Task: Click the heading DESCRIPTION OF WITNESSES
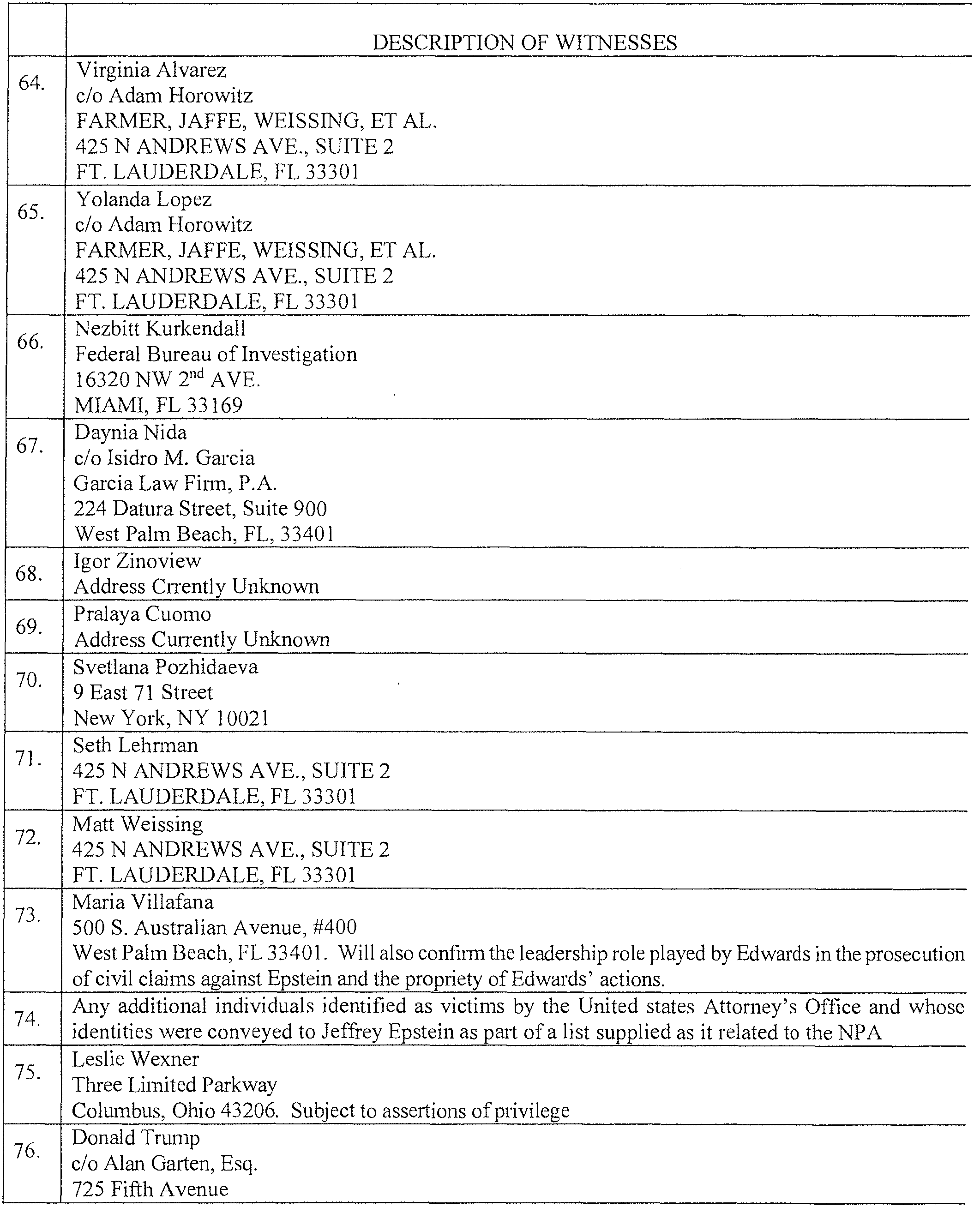click(x=524, y=42)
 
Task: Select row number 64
click(x=31, y=84)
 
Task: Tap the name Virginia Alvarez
click(x=151, y=70)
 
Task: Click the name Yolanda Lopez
click(x=144, y=199)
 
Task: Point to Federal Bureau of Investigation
click(x=216, y=354)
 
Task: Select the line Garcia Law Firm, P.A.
click(x=175, y=483)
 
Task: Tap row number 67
click(x=30, y=446)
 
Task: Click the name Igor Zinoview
click(x=138, y=561)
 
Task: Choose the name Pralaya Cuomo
click(x=143, y=614)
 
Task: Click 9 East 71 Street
click(x=143, y=693)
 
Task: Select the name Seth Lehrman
click(x=135, y=745)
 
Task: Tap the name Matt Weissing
click(x=138, y=824)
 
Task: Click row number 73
click(x=28, y=915)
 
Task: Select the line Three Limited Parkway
click(x=174, y=1085)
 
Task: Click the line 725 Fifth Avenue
click(x=150, y=1189)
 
